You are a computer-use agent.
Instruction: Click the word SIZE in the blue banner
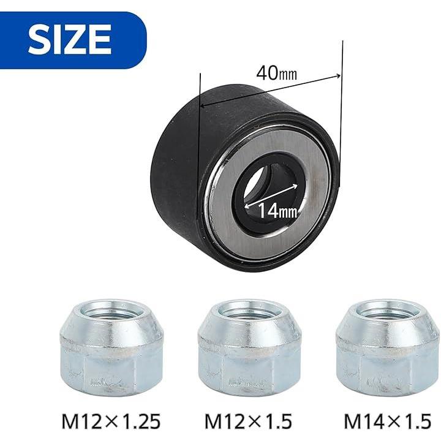[70, 39]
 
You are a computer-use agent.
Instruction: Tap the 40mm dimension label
[276, 73]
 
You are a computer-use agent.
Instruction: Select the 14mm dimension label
[277, 211]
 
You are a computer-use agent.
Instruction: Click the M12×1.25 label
[111, 421]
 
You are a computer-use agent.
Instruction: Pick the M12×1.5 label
[248, 421]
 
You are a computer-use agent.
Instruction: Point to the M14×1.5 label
[387, 421]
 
